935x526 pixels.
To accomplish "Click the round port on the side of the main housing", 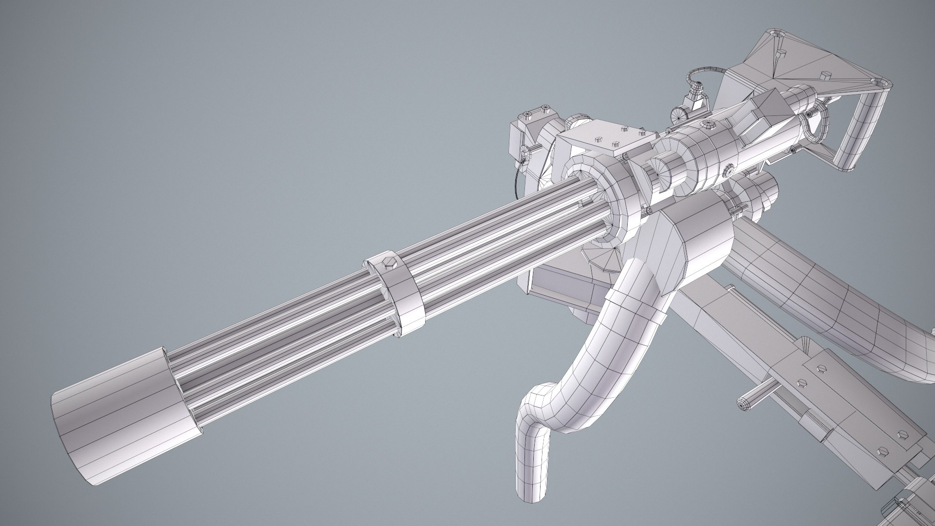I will [729, 170].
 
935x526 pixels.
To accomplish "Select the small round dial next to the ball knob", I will [678, 115].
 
